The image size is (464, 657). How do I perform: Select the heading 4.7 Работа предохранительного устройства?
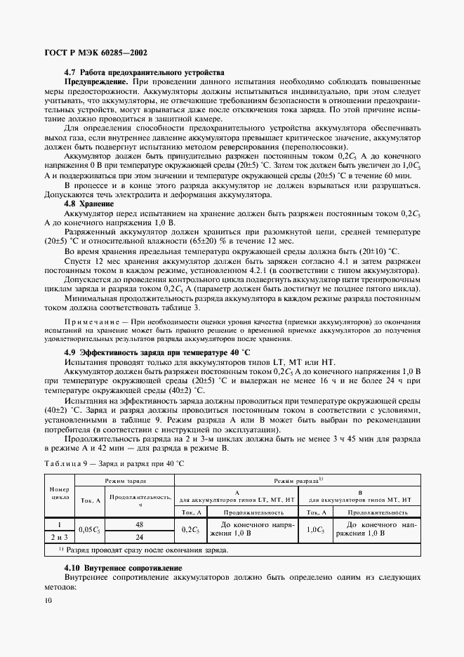point(144,73)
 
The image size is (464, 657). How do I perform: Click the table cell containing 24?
point(140,537)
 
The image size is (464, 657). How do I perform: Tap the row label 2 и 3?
point(59,537)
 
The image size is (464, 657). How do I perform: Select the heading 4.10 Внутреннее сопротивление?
point(123,567)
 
